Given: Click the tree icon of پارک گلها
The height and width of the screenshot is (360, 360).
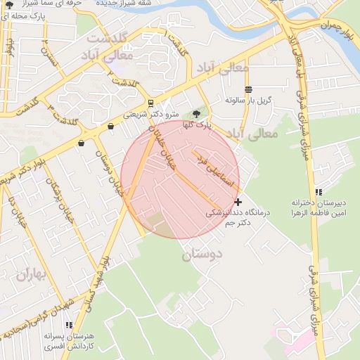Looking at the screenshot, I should coord(196,114).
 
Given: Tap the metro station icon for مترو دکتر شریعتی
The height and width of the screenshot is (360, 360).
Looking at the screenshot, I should coord(150,104).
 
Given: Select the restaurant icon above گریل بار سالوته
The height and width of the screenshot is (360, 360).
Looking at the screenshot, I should coord(247,89).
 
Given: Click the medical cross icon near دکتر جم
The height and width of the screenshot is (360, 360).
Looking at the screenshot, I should coord(238,202).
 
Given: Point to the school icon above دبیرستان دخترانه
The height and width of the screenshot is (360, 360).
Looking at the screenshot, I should coord(319,191).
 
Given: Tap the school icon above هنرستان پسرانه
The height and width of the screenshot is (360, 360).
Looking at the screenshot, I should coord(69,325).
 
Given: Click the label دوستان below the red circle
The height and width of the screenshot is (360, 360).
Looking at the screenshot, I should coord(202,253).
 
